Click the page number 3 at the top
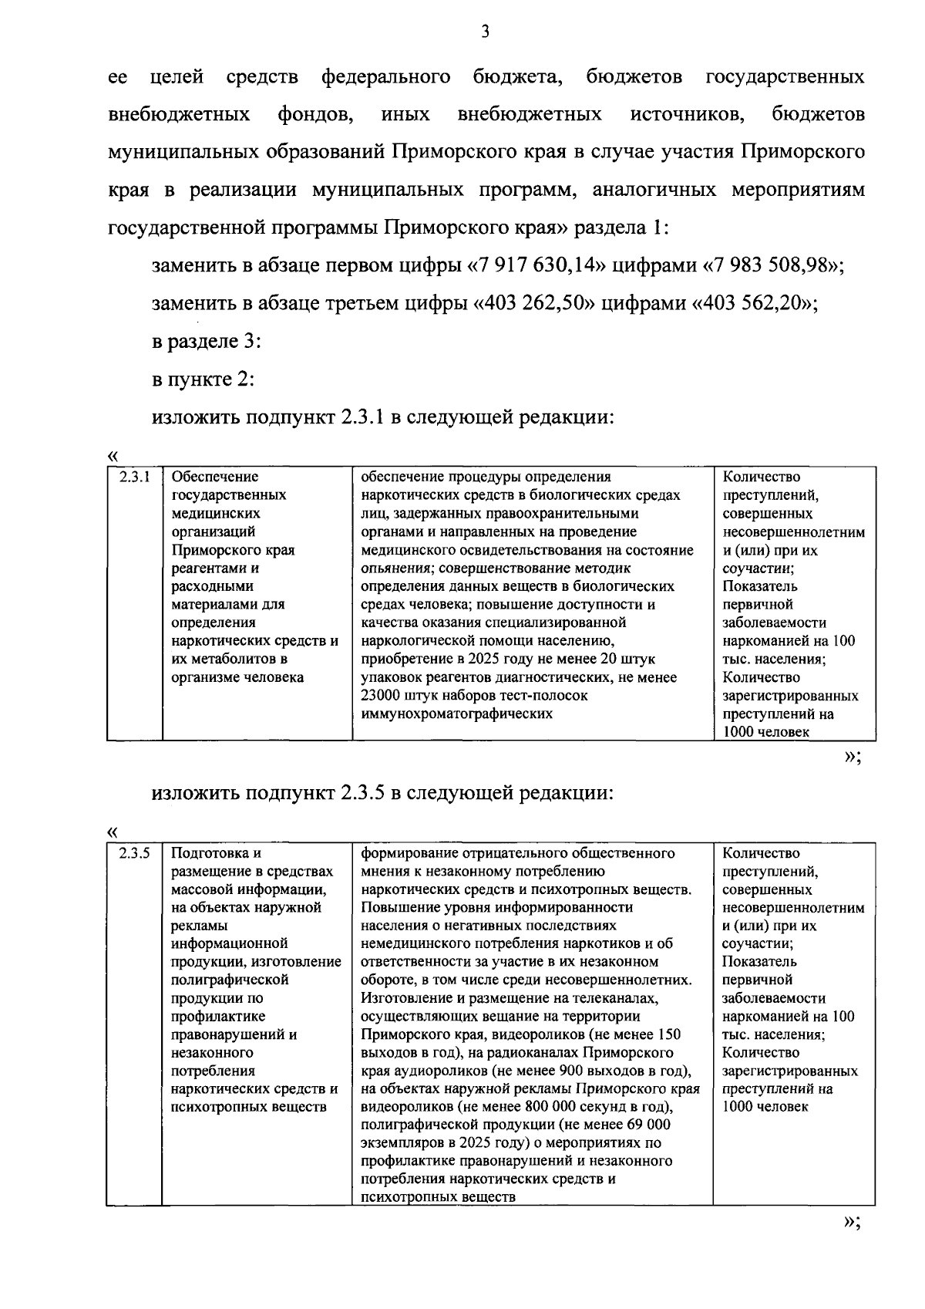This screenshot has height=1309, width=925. [484, 32]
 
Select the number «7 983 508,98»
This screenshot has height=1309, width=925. [771, 266]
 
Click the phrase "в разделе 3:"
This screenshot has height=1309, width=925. [206, 342]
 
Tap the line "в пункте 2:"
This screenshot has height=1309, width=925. [203, 380]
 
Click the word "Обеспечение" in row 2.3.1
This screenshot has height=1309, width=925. [214, 477]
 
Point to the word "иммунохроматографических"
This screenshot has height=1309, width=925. [456, 714]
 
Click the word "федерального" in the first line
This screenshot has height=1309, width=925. [385, 77]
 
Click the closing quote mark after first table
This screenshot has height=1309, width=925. [850, 757]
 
